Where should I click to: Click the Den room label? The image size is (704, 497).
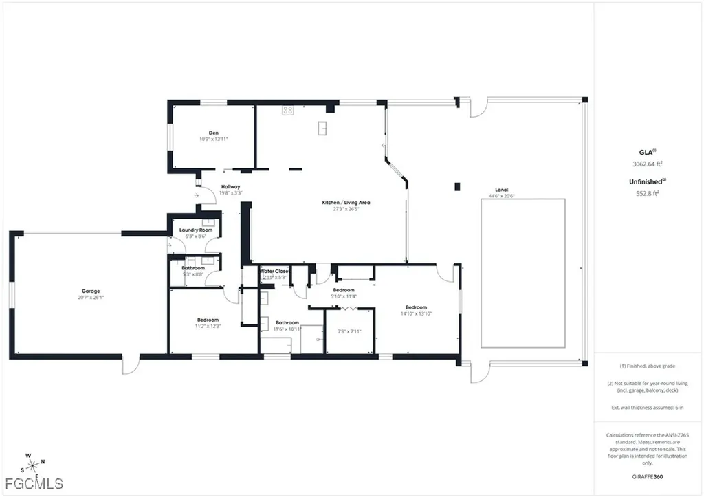[x=213, y=133]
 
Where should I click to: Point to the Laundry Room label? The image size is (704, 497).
[x=194, y=230]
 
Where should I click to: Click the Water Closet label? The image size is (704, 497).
[x=274, y=271]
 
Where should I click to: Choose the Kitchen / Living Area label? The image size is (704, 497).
[x=346, y=202]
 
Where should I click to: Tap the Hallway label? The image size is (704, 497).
[x=230, y=187]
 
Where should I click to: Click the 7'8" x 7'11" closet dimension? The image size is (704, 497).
[x=349, y=331]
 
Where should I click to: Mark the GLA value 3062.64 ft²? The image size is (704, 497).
[x=646, y=164]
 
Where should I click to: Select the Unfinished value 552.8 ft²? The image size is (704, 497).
[x=646, y=193]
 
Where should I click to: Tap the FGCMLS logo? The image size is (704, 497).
[x=32, y=482]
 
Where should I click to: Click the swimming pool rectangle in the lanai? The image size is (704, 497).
[x=522, y=273]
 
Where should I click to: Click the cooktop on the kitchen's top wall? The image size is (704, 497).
[x=287, y=109]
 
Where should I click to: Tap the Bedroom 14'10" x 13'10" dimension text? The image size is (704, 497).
[x=416, y=313]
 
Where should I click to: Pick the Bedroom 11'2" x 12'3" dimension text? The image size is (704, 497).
[x=208, y=326]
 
